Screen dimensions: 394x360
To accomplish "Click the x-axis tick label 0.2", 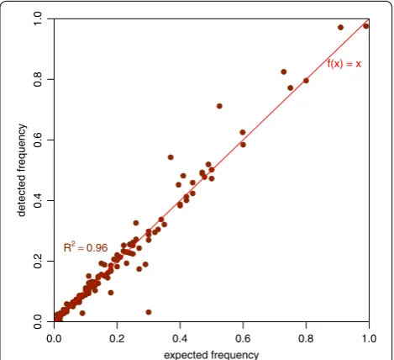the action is click(117, 338).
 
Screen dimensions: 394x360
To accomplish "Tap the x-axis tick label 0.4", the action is click(180, 338).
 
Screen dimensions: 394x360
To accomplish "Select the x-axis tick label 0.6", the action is click(243, 338).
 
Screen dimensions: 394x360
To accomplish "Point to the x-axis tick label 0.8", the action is click(306, 338).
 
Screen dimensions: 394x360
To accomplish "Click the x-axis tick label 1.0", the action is click(369, 338).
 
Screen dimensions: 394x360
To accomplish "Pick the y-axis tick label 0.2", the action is click(38, 261).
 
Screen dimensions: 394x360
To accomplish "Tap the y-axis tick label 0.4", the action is click(38, 200).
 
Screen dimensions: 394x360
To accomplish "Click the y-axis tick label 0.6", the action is click(38, 140).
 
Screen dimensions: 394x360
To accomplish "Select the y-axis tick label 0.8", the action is click(38, 79).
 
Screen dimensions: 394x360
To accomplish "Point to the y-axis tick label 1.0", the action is click(38, 19).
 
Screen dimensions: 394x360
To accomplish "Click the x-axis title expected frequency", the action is click(211, 355).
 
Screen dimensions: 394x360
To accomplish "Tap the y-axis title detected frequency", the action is click(22, 171).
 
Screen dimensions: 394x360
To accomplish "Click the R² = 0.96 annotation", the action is click(86, 247).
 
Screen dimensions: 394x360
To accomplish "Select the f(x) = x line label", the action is click(344, 64).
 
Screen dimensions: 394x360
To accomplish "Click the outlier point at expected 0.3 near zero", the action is click(149, 312).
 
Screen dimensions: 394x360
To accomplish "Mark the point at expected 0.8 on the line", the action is click(306, 81).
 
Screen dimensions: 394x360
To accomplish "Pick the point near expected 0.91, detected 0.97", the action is click(340, 28).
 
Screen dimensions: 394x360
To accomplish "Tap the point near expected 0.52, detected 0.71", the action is click(219, 106).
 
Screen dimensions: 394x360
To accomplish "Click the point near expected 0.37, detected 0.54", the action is click(171, 157).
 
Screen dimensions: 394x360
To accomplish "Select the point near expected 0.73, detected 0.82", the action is click(284, 71).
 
